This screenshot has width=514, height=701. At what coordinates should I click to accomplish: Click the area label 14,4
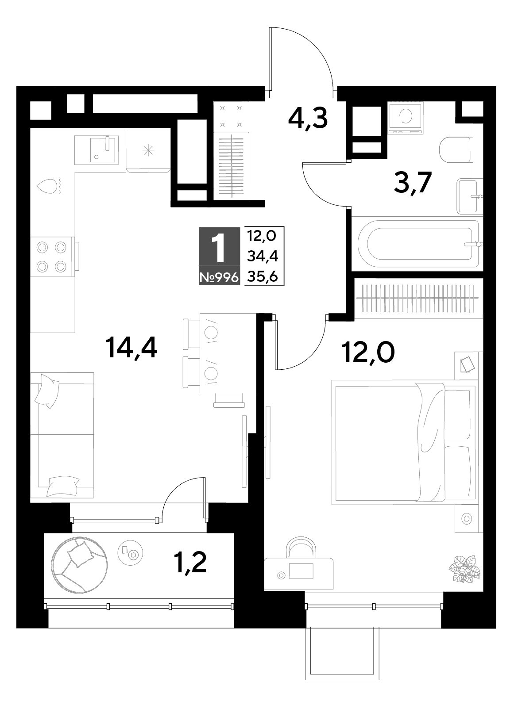pyautogui.click(x=131, y=348)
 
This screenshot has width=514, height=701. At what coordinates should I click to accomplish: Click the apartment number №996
pyautogui.click(x=219, y=277)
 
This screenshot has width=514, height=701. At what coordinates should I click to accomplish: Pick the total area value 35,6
pyautogui.click(x=263, y=276)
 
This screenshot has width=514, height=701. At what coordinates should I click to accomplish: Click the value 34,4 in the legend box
pyautogui.click(x=263, y=257)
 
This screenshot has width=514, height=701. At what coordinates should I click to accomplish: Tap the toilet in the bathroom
pyautogui.click(x=455, y=149)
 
